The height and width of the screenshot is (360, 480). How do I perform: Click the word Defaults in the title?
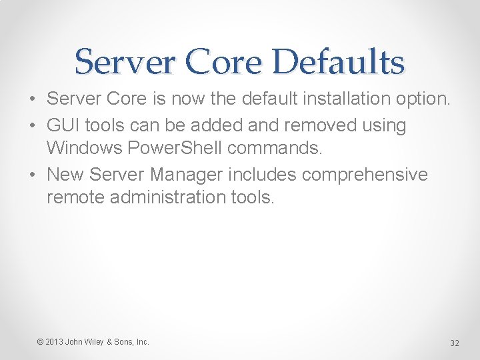pyautogui.click(x=338, y=62)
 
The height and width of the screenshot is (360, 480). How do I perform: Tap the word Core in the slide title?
pyautogui.click(x=224, y=62)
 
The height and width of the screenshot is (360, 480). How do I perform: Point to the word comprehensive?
pyautogui.click(x=365, y=174)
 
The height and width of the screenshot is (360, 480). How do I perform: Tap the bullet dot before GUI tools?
pyautogui.click(x=33, y=125)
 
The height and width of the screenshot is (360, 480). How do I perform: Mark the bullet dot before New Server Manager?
pyautogui.click(x=33, y=175)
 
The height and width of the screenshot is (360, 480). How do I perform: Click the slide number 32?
pyautogui.click(x=455, y=343)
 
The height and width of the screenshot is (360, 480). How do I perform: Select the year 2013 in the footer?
pyautogui.click(x=54, y=342)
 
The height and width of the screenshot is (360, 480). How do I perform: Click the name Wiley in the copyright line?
pyautogui.click(x=94, y=342)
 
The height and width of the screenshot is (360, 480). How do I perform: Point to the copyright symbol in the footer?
pyautogui.click(x=40, y=342)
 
